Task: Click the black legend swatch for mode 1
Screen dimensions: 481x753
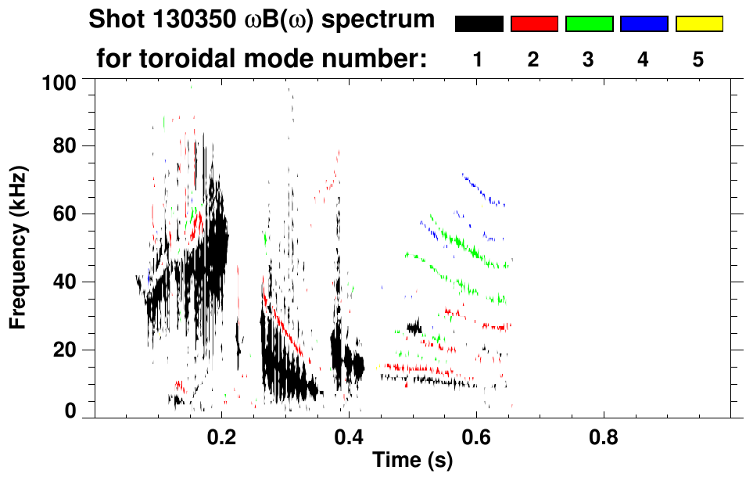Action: (479, 24)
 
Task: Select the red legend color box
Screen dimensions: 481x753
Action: (534, 24)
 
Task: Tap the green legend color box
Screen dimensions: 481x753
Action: (589, 24)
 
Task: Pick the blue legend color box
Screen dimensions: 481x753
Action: (644, 24)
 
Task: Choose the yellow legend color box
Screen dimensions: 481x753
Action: (698, 24)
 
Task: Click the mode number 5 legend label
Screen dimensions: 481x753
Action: (698, 60)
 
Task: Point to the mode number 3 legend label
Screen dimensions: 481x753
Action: (589, 60)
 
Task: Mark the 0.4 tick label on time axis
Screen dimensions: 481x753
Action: (349, 436)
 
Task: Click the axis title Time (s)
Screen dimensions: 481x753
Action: (412, 461)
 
